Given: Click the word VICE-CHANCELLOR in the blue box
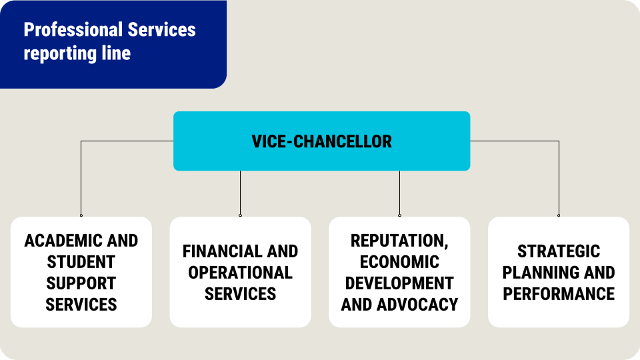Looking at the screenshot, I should (321, 141).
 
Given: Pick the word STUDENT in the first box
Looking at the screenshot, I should (81, 262).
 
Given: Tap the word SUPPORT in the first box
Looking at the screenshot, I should (81, 283).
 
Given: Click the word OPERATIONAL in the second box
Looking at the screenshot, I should (240, 273).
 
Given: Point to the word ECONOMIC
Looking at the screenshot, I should (400, 262).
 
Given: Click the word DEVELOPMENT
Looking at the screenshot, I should (400, 283).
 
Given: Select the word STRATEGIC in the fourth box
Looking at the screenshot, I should (559, 251).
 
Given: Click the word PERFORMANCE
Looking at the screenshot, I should (559, 294).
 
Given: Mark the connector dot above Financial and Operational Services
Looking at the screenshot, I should (240, 215).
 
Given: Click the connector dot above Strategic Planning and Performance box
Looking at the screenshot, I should (559, 215).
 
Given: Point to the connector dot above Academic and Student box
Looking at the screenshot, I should (81, 215).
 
